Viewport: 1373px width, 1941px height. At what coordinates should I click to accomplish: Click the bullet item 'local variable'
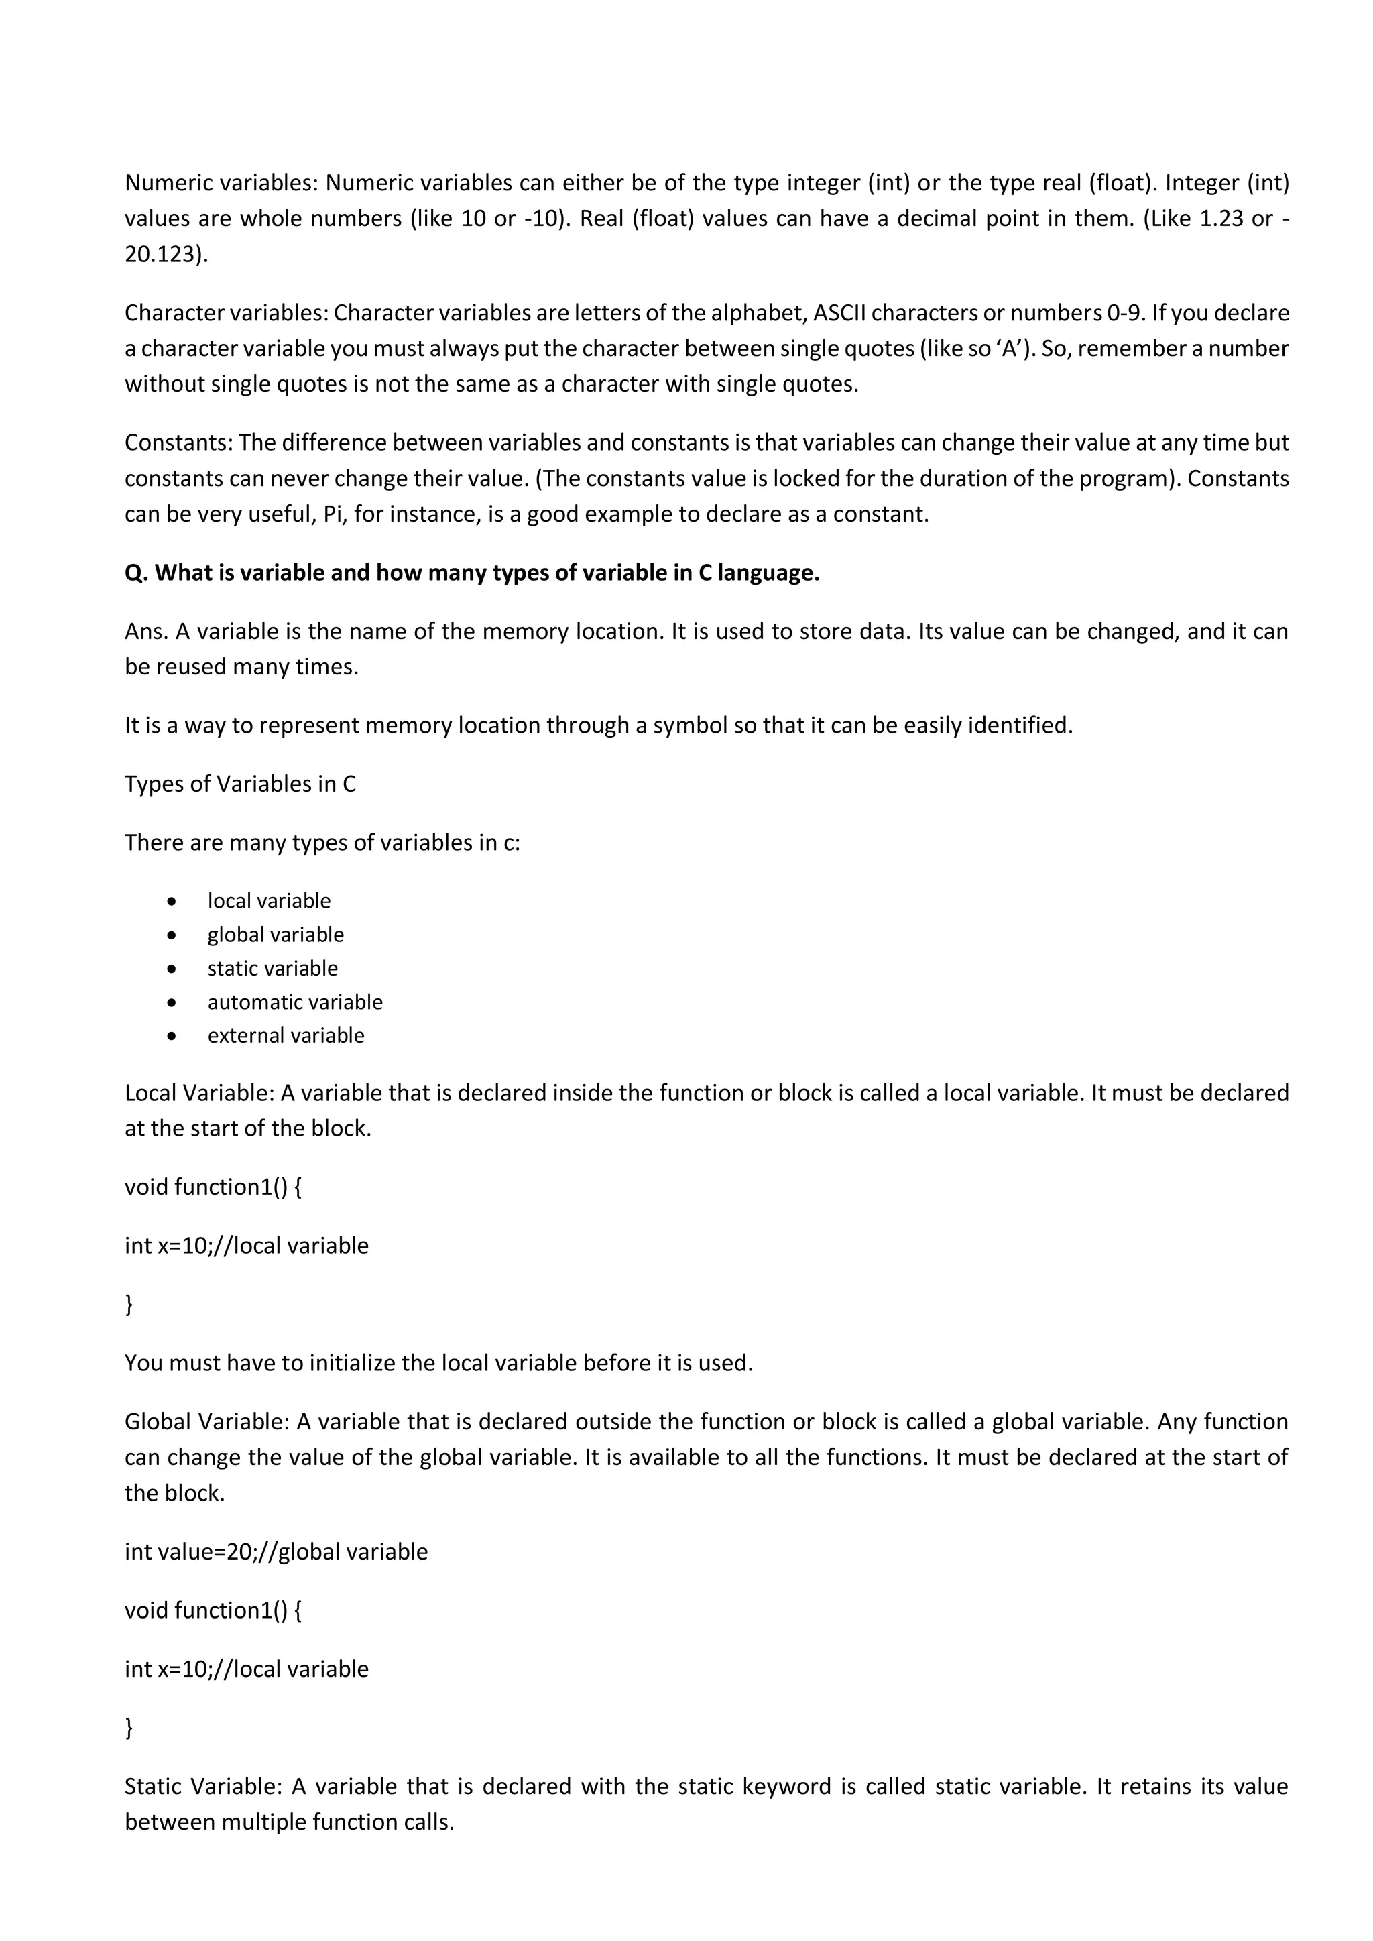tap(269, 901)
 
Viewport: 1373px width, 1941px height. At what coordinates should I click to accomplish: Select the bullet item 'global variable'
tap(276, 935)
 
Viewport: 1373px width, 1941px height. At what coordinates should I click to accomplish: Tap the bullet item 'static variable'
tap(272, 969)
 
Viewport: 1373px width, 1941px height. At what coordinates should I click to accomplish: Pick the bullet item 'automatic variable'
tap(295, 1002)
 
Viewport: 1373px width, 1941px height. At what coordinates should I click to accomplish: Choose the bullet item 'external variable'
tap(286, 1036)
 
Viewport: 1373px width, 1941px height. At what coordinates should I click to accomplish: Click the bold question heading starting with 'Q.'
tap(472, 573)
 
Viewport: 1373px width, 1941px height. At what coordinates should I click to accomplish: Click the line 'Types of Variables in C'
tap(240, 784)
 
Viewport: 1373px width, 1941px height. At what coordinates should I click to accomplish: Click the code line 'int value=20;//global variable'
tap(276, 1552)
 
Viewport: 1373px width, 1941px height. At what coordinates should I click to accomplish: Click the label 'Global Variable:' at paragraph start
tap(206, 1422)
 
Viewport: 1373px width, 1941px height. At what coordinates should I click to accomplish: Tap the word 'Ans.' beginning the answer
tap(145, 632)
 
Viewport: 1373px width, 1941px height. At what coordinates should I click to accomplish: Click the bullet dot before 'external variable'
tap(172, 1037)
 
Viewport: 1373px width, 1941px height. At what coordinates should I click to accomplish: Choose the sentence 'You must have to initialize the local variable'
tap(438, 1364)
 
